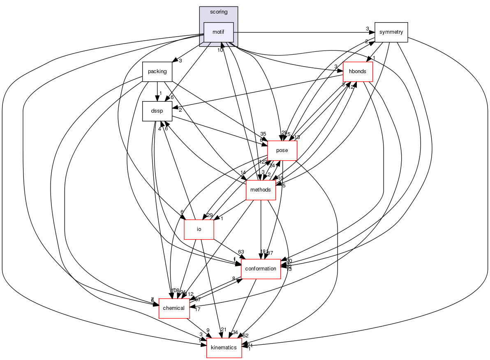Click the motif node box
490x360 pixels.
coord(219,32)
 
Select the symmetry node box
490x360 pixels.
coord(391,32)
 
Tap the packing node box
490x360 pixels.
coord(157,72)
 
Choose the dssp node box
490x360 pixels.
coord(157,111)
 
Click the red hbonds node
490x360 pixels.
coord(358,72)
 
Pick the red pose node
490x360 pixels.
coord(282,150)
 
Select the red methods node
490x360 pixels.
coord(261,190)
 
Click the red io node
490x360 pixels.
coord(199,229)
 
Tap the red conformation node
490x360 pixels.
coord(261,269)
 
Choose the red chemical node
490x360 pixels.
coord(174,308)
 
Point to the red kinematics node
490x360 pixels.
coord(224,348)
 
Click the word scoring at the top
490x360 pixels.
coord(219,12)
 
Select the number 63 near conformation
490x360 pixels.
coord(241,252)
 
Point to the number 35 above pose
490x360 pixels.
coord(263,134)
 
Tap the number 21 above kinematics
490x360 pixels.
coord(224,330)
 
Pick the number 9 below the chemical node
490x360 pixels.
coord(208,330)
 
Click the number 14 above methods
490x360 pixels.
coord(243,173)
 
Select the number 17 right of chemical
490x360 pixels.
coord(197,309)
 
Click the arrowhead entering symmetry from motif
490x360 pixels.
coord(371,32)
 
